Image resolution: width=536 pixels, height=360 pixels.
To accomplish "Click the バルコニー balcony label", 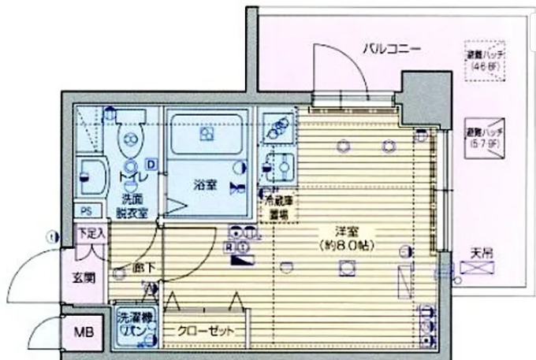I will [x=392, y=49].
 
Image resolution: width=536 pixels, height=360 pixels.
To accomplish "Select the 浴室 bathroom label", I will [x=206, y=185].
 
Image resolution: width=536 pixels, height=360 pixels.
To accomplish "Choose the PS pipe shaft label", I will [x=86, y=210].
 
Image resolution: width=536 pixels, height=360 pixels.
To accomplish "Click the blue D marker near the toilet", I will [x=151, y=164].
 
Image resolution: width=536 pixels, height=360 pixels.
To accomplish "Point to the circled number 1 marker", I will [x=51, y=236].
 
